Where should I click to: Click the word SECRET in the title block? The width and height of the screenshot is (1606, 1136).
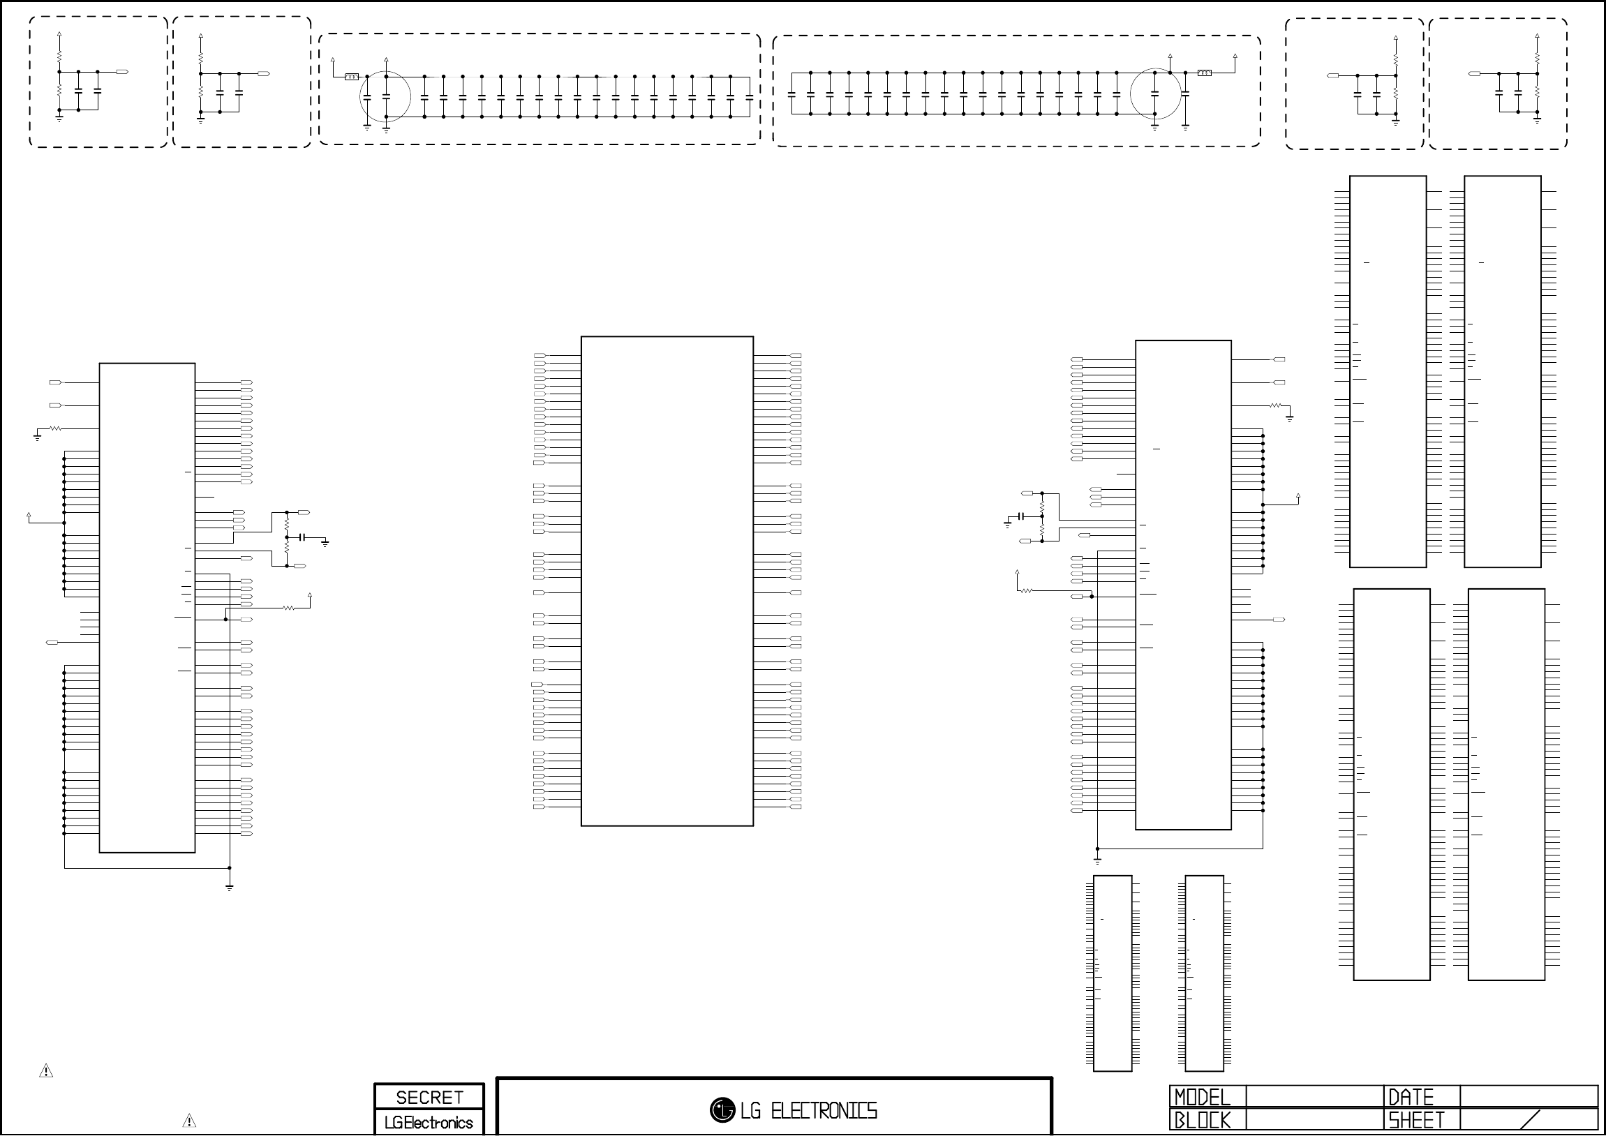coord(429,1097)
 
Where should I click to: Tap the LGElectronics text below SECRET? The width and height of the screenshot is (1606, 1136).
coord(429,1123)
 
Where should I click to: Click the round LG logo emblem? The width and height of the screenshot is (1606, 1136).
coord(722,1109)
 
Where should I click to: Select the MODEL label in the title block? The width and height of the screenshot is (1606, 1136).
coord(1201,1097)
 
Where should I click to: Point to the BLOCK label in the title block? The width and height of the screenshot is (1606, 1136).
coord(1201,1121)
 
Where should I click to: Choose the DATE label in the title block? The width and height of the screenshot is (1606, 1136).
coord(1410,1097)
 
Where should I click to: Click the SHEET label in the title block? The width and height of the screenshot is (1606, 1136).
coord(1415,1121)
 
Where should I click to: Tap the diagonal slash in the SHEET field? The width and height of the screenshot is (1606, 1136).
coord(1531,1120)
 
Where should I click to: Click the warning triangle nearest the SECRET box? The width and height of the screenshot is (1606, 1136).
coord(189,1121)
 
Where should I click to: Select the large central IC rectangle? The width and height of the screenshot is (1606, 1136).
coord(667,581)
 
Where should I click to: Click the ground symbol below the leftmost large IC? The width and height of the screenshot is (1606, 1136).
coord(230,888)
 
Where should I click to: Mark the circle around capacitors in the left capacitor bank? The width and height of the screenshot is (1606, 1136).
coord(385,96)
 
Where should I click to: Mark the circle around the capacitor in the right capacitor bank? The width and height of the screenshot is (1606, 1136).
coord(1156,93)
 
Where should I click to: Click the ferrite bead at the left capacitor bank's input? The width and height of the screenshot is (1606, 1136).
coord(352,76)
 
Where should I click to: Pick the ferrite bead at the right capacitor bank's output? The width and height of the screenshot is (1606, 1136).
coord(1204,72)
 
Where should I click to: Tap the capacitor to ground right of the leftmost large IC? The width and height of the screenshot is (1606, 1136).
coord(303,537)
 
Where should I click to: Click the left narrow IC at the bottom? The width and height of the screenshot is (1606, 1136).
coord(1112,972)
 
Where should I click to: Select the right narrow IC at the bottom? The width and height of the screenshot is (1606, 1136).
coord(1204,972)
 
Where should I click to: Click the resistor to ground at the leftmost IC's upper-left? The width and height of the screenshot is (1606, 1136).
coord(54,428)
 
